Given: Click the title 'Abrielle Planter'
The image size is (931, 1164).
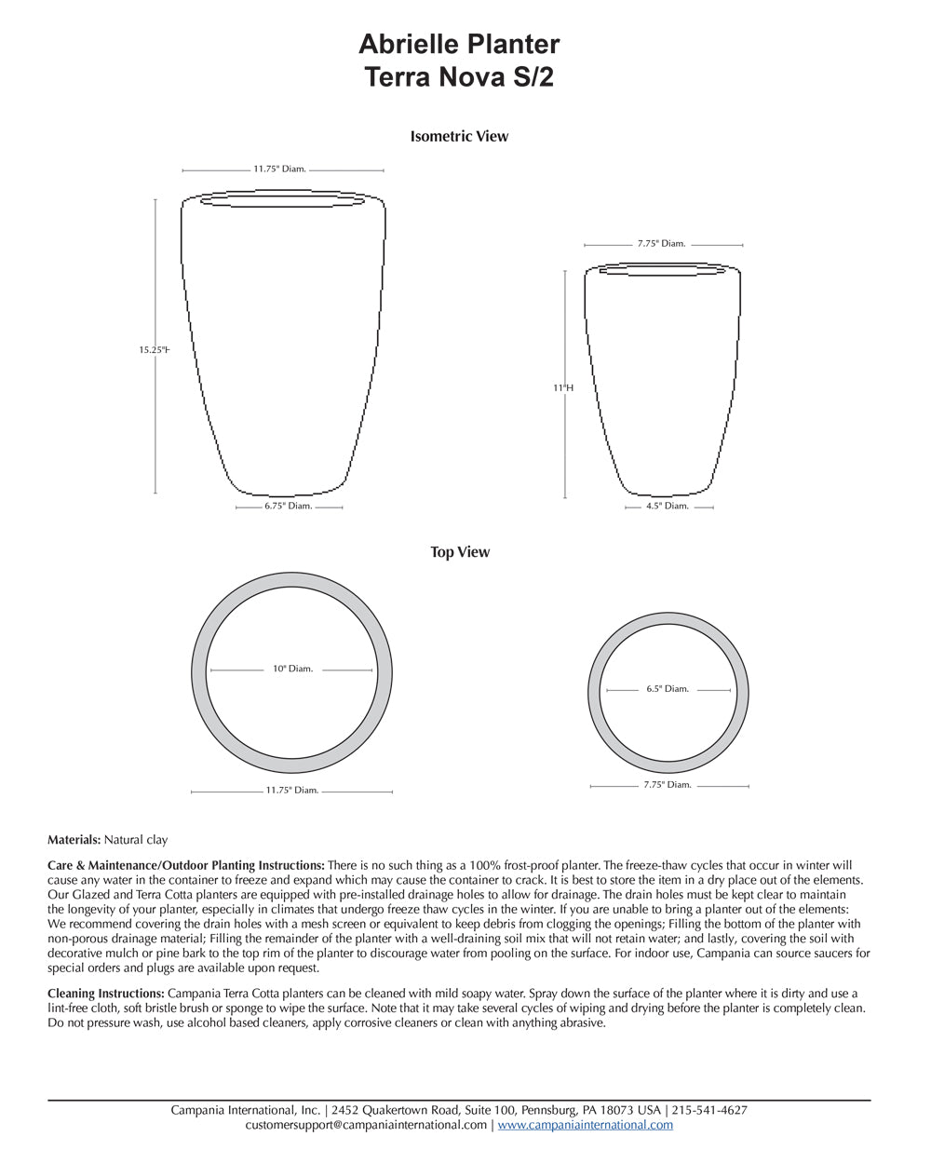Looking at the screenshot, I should click(x=459, y=44).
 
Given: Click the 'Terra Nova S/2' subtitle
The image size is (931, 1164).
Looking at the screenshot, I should click(x=459, y=77).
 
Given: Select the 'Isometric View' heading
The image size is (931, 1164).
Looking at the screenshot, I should click(x=459, y=136).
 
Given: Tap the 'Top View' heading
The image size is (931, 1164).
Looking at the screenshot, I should click(x=459, y=552).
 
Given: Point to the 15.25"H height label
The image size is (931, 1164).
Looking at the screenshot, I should click(x=154, y=350).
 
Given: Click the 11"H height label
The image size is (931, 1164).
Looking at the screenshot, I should click(x=563, y=386).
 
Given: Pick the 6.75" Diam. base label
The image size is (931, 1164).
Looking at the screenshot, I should click(x=289, y=507).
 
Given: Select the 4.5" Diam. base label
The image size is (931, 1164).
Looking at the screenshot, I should click(x=667, y=507).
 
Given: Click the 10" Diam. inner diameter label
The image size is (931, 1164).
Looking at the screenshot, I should click(x=292, y=669).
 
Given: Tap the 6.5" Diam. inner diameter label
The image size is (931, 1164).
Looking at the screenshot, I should click(x=668, y=689).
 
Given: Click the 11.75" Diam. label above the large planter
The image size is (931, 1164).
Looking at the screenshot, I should click(x=279, y=169).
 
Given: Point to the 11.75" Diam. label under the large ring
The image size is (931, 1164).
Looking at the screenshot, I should click(x=292, y=791).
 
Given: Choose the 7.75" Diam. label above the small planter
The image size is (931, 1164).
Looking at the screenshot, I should click(x=661, y=244).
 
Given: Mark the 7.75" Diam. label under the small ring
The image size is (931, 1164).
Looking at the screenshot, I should click(x=668, y=785).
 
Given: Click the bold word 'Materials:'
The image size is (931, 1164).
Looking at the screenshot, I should click(x=74, y=840).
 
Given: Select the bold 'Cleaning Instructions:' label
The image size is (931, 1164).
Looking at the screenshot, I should click(x=105, y=994).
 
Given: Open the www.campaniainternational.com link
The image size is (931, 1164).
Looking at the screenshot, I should click(x=585, y=1125).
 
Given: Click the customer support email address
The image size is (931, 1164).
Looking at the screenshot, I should click(x=366, y=1125).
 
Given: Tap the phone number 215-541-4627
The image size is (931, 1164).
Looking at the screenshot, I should click(x=708, y=1110).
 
